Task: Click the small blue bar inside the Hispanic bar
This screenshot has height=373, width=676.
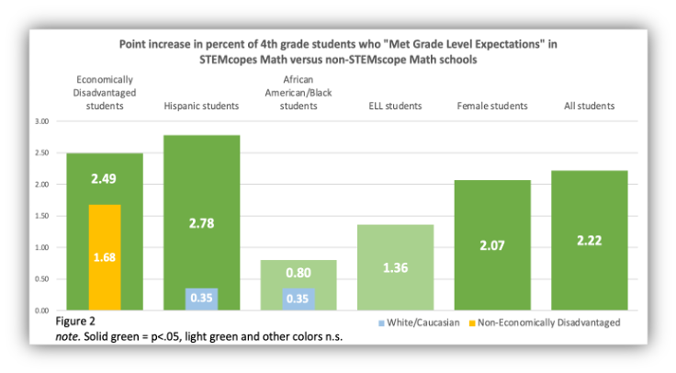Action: tap(201, 299)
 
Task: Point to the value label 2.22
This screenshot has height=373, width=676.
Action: tap(590, 243)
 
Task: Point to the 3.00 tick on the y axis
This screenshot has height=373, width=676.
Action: tap(40, 121)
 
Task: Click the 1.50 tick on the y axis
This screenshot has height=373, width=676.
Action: tap(40, 216)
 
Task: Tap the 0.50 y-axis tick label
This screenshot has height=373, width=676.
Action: tap(40, 278)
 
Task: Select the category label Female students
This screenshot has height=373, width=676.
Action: tap(492, 106)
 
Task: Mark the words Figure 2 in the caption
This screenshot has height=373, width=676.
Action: tap(76, 324)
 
